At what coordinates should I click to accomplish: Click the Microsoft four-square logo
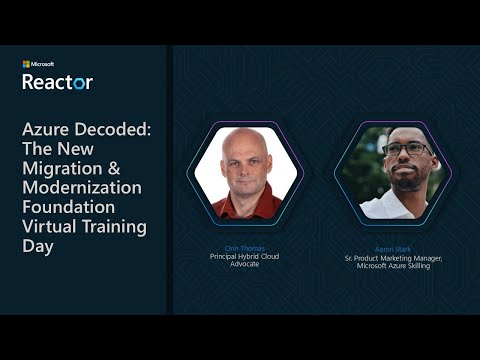click(x=26, y=64)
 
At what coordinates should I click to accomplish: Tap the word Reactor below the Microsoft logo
click(x=57, y=82)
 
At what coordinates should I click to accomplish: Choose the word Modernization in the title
click(x=82, y=187)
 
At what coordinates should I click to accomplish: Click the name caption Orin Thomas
click(x=244, y=247)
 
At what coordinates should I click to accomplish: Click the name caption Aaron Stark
click(x=392, y=247)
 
